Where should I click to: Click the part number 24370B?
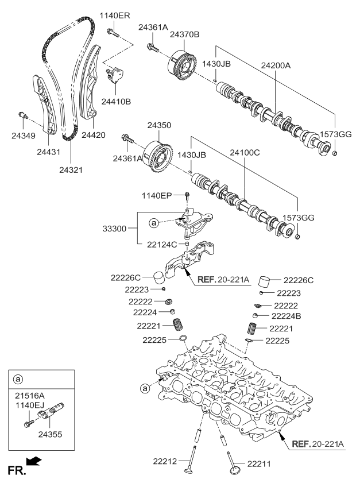click(184, 35)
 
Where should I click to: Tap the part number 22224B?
click(286, 316)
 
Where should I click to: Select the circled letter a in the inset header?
click(18, 380)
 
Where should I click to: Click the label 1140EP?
click(157, 196)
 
